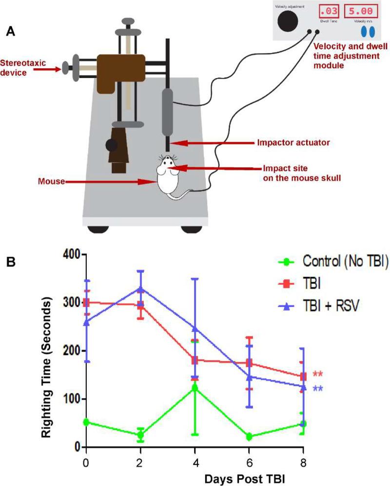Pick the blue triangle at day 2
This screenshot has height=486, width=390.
click(140, 289)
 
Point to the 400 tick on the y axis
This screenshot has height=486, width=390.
click(72, 254)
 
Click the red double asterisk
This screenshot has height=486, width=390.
click(318, 375)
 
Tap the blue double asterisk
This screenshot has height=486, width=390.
click(318, 389)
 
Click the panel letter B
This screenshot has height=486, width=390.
click(10, 262)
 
